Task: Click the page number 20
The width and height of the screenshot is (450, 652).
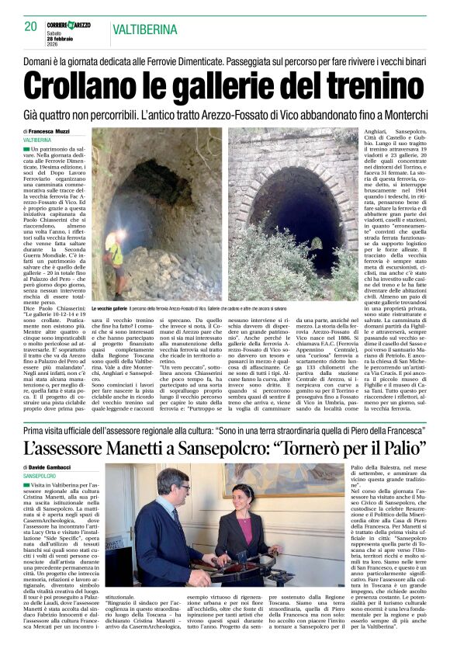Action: (31, 26)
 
